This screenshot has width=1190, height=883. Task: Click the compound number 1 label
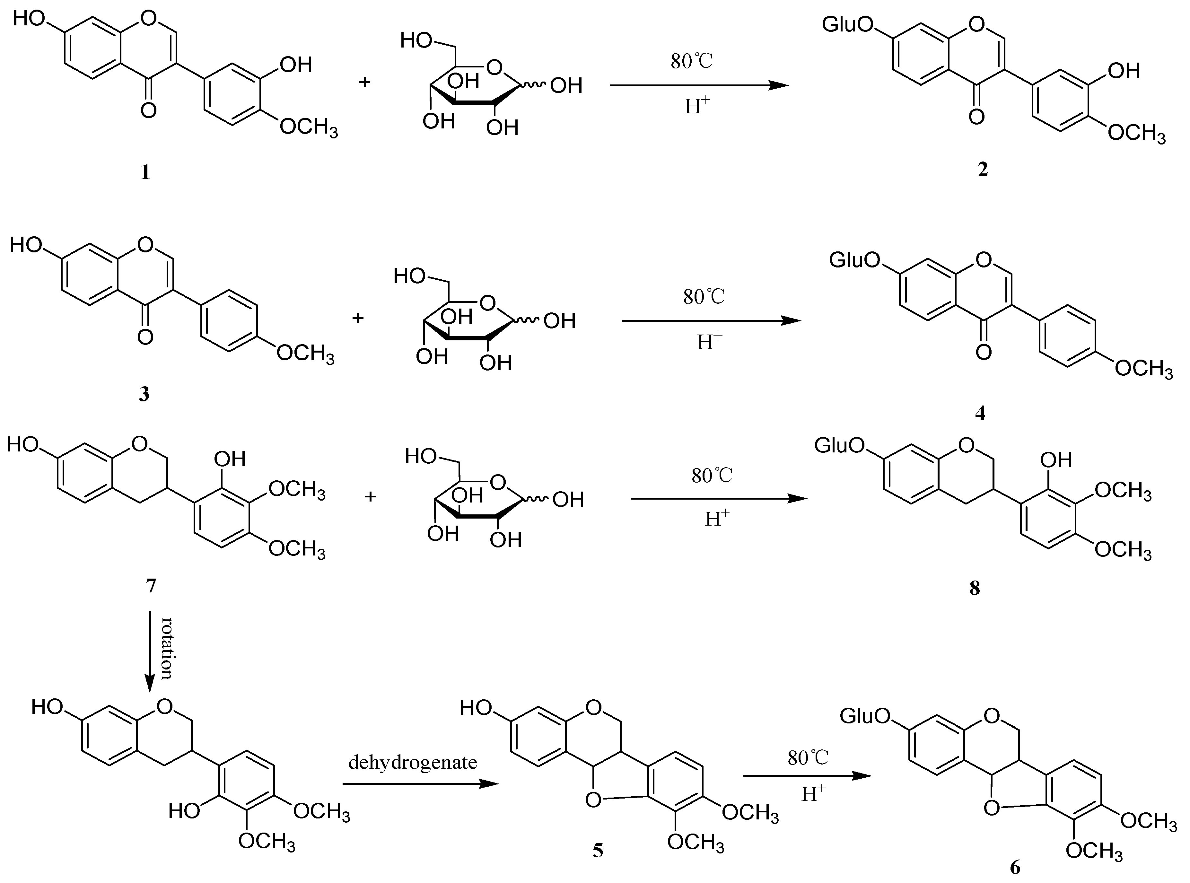[x=145, y=173]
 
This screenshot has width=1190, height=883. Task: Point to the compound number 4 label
[x=980, y=413]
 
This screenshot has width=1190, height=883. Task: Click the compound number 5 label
[x=598, y=850]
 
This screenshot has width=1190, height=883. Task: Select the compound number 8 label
[x=975, y=589]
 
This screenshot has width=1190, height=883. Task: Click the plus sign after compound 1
[x=364, y=83]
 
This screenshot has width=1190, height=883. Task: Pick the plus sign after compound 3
[x=358, y=318]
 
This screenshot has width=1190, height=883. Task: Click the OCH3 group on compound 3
[x=306, y=354]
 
